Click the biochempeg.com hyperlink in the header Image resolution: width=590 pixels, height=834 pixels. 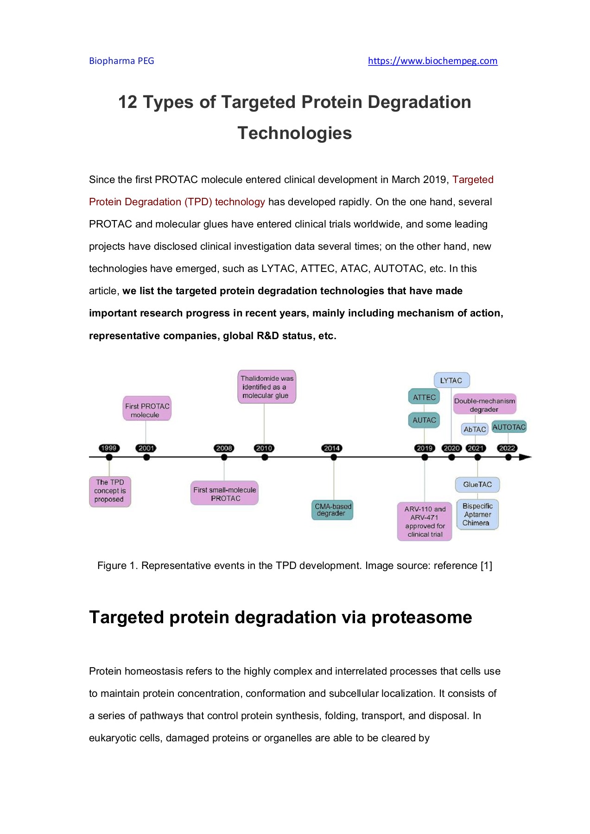[432, 61]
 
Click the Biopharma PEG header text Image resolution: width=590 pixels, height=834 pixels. [121, 61]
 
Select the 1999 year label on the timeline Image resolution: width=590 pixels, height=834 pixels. [109, 448]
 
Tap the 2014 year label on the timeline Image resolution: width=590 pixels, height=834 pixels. [332, 448]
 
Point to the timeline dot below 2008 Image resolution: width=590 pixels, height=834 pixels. [224, 457]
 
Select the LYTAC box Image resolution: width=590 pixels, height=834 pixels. [451, 380]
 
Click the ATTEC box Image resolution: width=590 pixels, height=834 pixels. [424, 397]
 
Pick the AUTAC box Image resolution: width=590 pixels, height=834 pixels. [424, 420]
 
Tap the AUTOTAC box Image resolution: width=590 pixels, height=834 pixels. [509, 427]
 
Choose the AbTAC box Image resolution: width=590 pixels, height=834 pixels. [475, 429]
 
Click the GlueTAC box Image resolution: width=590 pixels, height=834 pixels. [477, 485]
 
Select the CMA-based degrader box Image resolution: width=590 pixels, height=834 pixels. [332, 510]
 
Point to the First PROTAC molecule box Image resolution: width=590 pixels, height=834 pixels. [147, 410]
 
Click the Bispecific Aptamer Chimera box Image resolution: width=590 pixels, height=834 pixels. [477, 514]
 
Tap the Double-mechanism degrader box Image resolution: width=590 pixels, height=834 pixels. [484, 404]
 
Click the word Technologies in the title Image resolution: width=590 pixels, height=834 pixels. [295, 133]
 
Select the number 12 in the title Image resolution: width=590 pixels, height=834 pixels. [128, 102]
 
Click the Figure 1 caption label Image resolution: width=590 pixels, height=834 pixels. [117, 566]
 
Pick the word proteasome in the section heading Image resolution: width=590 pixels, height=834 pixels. [422, 618]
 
